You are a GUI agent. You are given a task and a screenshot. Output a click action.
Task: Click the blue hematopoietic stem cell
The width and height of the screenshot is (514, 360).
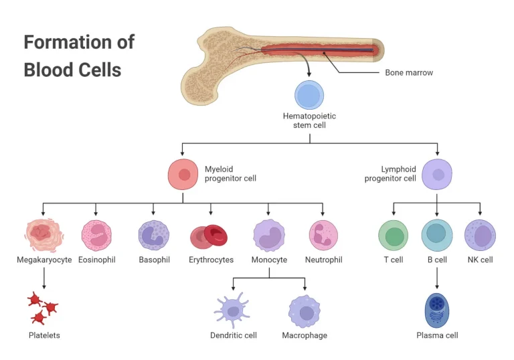click(x=309, y=95)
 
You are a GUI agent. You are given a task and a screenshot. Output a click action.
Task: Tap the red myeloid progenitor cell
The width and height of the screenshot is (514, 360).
click(x=183, y=175)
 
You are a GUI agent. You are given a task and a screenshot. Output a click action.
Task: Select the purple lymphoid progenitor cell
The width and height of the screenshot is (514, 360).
click(x=437, y=175)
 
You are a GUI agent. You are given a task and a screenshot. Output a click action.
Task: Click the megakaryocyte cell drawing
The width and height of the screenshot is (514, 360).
click(x=44, y=234)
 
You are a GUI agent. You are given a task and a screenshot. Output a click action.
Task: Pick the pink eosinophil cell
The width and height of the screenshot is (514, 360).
click(x=96, y=236)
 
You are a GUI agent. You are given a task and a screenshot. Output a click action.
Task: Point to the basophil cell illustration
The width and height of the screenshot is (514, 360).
click(x=153, y=236)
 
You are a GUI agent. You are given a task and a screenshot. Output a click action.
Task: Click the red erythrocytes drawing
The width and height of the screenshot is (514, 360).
click(x=210, y=236)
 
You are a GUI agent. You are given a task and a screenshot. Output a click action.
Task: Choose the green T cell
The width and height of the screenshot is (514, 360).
click(x=393, y=236)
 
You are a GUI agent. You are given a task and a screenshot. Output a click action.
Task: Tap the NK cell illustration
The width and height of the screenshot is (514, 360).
click(x=480, y=236)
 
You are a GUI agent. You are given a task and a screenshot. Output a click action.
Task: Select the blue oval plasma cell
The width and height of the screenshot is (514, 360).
click(x=437, y=309)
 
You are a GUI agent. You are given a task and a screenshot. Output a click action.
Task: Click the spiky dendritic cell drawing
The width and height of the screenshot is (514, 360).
click(x=232, y=310)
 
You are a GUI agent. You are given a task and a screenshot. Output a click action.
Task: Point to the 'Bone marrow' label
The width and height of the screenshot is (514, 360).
click(x=409, y=72)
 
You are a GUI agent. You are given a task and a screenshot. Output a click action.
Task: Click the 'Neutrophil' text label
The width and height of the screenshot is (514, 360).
click(x=323, y=260)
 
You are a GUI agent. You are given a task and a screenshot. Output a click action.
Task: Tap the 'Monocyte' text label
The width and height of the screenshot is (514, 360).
click(x=269, y=260)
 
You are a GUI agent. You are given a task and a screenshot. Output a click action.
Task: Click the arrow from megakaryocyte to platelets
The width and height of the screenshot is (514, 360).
click(x=44, y=276)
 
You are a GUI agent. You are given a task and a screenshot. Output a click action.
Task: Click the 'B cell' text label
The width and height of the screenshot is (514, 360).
click(x=437, y=260)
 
